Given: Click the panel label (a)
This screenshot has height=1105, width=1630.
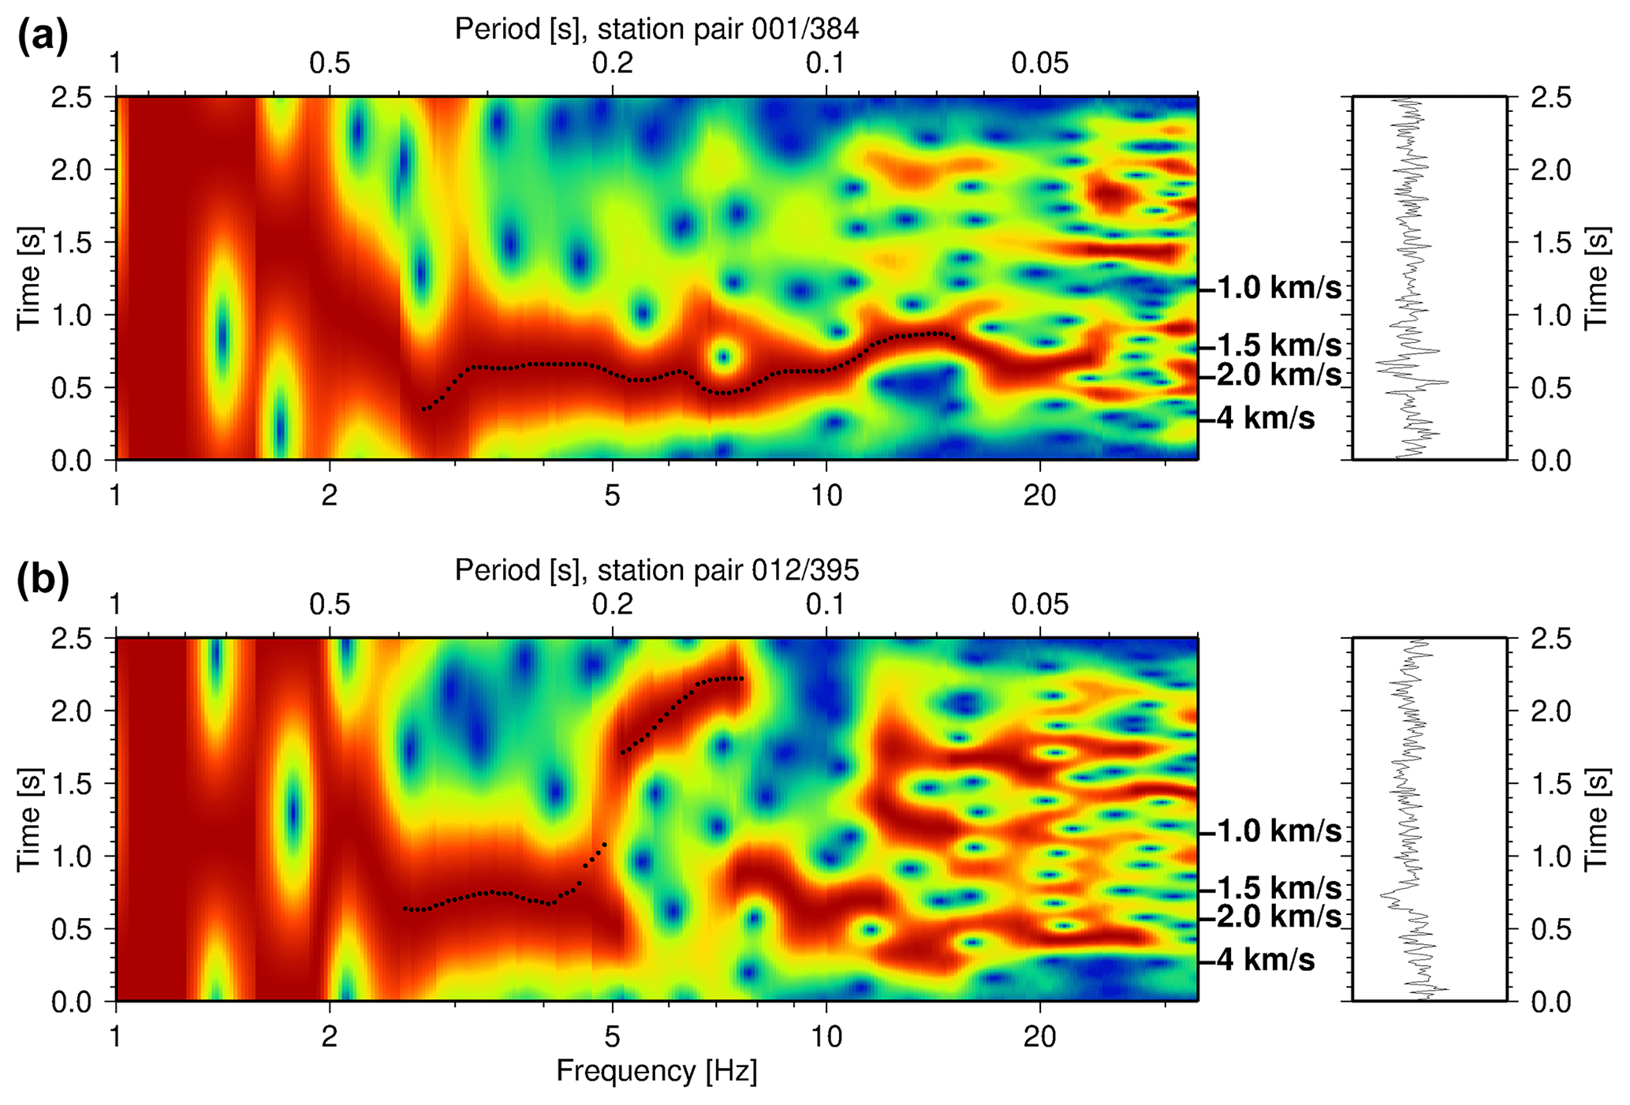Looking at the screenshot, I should point(43,37).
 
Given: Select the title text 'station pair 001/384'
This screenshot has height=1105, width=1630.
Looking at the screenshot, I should point(728,29).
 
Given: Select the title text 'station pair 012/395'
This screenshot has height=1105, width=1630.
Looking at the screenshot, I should point(728,570).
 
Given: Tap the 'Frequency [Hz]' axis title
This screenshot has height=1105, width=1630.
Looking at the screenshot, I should point(656,1071).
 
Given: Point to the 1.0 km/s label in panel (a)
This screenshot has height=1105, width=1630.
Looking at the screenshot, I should point(1278,289).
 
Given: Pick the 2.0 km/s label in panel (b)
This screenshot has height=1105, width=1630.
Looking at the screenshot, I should point(1278,917).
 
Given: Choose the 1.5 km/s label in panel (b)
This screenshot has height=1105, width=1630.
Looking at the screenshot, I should point(1278,889).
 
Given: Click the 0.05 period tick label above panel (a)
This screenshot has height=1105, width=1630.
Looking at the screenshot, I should point(1040,63).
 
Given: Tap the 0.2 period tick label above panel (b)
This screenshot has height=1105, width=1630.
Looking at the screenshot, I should point(613,605).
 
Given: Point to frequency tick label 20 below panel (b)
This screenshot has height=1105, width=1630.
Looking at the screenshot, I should point(1039,1036).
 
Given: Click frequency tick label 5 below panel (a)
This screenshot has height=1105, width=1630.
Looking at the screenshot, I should point(612,495).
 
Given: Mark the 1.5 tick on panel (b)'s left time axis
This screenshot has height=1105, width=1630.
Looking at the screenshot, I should point(71,784).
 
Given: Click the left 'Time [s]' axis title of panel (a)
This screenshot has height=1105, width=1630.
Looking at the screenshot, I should point(29,278).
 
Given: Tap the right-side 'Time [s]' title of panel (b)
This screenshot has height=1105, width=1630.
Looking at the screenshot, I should point(1596,819).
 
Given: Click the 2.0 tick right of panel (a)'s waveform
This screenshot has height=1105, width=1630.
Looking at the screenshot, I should point(1551,170).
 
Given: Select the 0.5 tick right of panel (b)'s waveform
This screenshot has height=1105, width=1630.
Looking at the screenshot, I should point(1551,930).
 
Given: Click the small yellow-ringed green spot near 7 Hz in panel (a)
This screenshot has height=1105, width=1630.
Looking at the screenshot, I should point(722,357).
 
